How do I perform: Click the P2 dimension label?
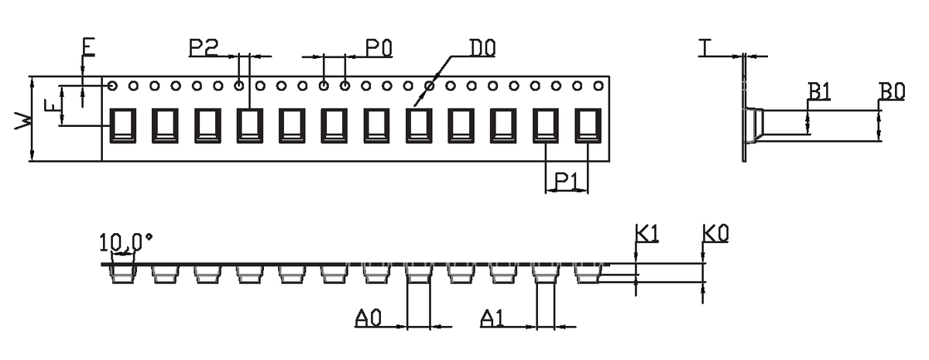pyautogui.click(x=204, y=47)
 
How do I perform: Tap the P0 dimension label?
pyautogui.click(x=379, y=48)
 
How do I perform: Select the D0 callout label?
pyautogui.click(x=482, y=48)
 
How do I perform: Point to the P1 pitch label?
pyautogui.click(x=566, y=181)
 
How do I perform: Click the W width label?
pyautogui.click(x=22, y=120)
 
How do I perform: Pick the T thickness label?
pyautogui.click(x=704, y=47)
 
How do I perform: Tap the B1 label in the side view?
pyautogui.click(x=819, y=91)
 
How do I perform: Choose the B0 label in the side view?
pyautogui.click(x=892, y=91)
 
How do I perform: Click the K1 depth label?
pyautogui.click(x=647, y=234)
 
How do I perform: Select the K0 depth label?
pyautogui.click(x=715, y=234)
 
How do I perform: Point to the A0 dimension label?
pyautogui.click(x=369, y=318)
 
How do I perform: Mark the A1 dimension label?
pyautogui.click(x=492, y=318)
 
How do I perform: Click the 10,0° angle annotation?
pyautogui.click(x=125, y=242)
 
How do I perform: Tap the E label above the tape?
pyautogui.click(x=88, y=47)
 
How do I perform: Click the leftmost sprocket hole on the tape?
pyautogui.click(x=112, y=86)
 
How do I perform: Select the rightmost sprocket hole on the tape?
pyautogui.click(x=598, y=86)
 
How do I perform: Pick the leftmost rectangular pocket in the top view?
pyautogui.click(x=123, y=125)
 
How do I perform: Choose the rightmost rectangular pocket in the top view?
pyautogui.click(x=588, y=125)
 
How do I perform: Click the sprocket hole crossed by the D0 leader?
pyautogui.click(x=430, y=86)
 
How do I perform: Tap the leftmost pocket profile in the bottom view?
pyautogui.click(x=123, y=274)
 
